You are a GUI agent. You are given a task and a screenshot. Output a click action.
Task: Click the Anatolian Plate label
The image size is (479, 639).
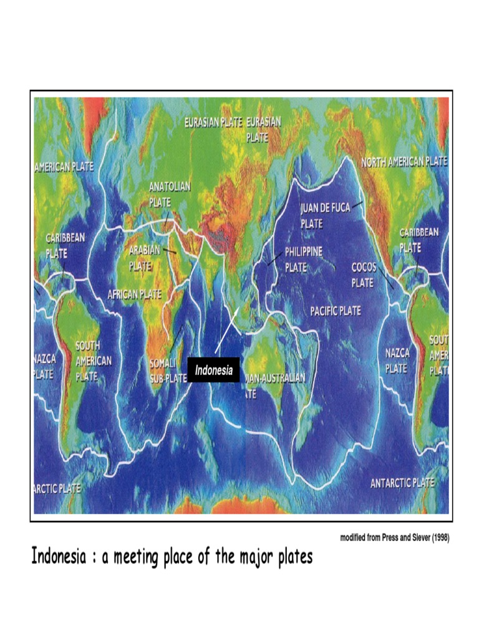(x=170, y=194)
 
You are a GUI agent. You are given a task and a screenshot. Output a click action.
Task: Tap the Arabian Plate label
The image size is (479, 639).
(x=145, y=257)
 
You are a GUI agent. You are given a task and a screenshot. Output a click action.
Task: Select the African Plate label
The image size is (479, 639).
(x=134, y=294)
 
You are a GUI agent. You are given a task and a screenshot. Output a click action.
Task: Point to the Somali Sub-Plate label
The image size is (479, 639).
(x=167, y=370)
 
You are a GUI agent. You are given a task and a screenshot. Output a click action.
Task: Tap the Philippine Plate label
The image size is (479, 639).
(x=304, y=259)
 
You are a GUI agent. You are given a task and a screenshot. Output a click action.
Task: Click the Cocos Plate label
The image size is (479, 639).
(x=362, y=275)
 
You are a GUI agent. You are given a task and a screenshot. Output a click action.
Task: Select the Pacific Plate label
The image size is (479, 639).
(x=336, y=311)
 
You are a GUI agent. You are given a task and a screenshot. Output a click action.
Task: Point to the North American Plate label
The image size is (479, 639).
(x=404, y=162)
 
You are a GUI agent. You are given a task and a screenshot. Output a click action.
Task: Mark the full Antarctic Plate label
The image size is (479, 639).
(x=402, y=483)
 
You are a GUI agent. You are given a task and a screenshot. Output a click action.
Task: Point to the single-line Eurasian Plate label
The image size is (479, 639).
(x=213, y=123)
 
